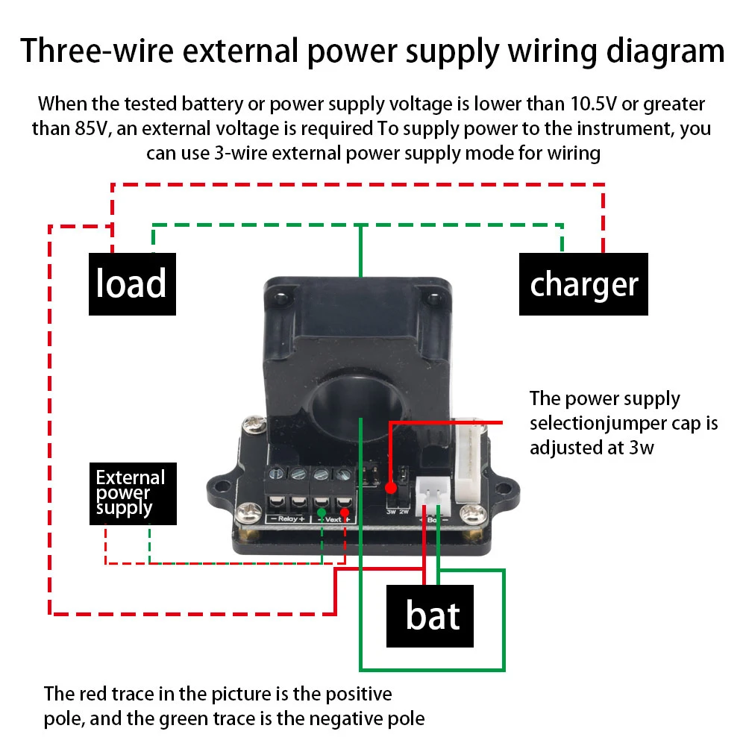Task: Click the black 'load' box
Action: click(x=132, y=284)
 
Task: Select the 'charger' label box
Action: click(x=583, y=284)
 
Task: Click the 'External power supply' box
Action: click(x=134, y=493)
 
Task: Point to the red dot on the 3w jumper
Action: click(x=391, y=489)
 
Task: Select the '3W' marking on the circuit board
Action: click(x=390, y=512)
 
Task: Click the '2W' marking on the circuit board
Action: click(x=404, y=512)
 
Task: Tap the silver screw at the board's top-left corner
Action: click(x=251, y=428)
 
